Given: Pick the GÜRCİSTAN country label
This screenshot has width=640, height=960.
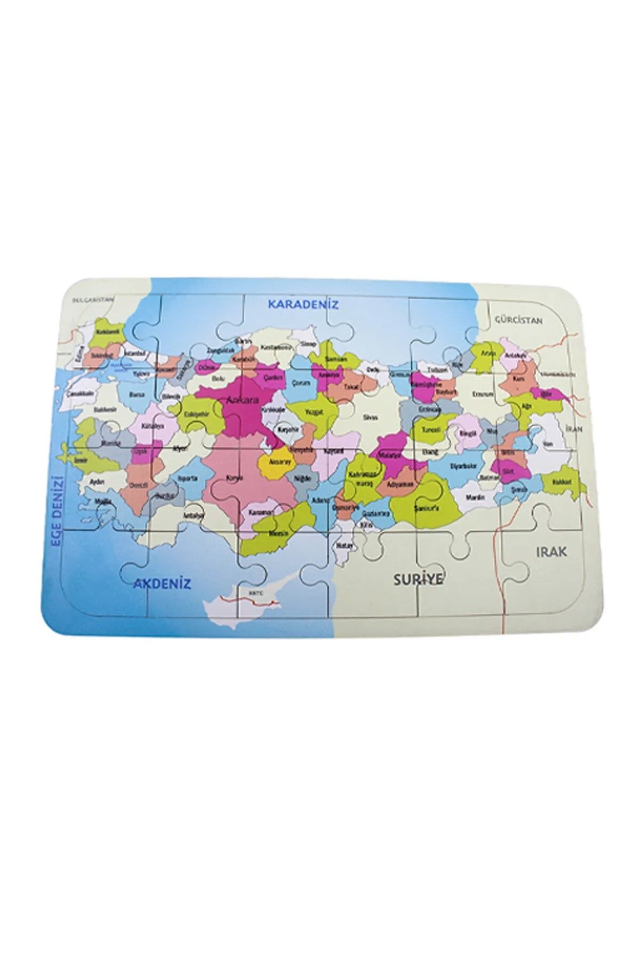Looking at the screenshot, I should (x=518, y=321).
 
